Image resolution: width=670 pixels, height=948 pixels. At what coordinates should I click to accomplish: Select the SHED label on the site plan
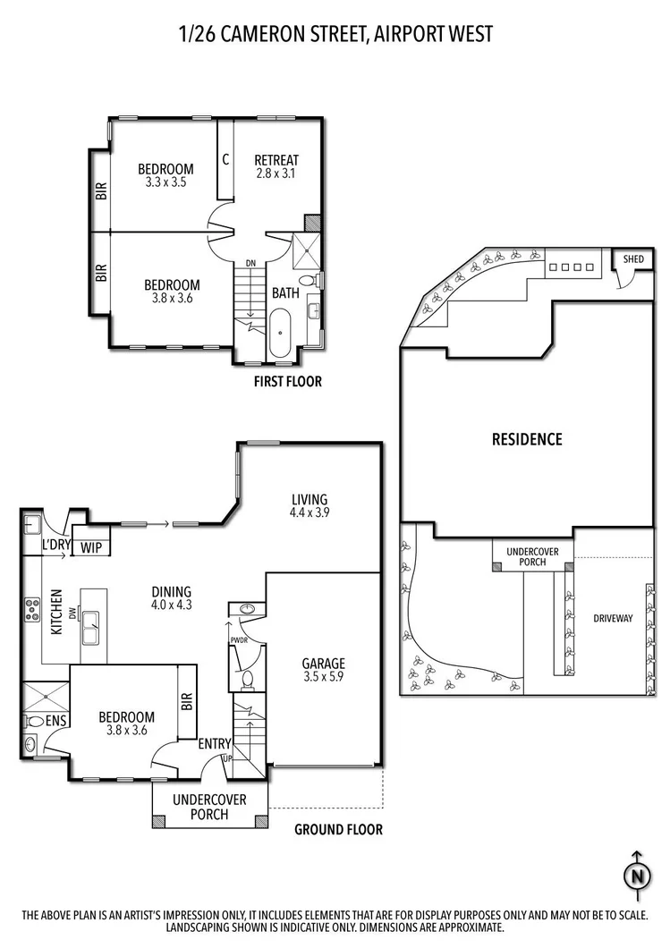coord(633,259)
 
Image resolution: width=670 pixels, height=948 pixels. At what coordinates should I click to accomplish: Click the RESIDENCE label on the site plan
coord(527,439)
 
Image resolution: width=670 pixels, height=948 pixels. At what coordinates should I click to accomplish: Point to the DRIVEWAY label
coord(612,618)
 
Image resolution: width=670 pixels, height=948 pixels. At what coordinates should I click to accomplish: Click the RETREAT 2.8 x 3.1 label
coord(276,167)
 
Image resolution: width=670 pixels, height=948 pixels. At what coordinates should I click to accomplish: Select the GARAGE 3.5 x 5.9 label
coord(323,670)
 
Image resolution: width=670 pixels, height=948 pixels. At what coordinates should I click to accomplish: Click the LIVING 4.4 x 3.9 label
coord(310,506)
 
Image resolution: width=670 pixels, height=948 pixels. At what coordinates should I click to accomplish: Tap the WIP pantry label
coord(91,547)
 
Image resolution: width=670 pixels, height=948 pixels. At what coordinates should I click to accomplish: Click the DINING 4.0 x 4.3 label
coord(171,597)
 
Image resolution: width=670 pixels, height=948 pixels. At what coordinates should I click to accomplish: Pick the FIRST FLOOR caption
coord(286,382)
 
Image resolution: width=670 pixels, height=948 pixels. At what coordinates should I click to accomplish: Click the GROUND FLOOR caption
coord(338,830)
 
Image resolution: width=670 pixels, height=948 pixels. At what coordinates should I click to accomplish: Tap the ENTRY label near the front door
coord(215,743)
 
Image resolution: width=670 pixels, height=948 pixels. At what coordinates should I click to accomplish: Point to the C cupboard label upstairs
coord(225,159)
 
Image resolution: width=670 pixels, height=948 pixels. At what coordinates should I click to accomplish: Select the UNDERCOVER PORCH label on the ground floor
coord(208,807)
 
